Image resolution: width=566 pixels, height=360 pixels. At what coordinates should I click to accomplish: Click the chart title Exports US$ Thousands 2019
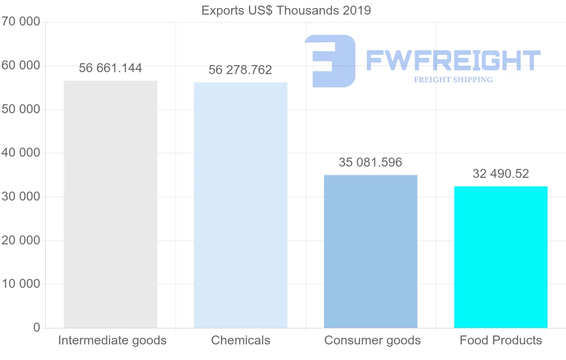point(286,10)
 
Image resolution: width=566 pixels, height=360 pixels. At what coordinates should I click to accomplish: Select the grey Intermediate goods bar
point(110,204)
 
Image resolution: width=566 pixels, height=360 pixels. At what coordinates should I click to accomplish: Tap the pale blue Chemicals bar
point(241,205)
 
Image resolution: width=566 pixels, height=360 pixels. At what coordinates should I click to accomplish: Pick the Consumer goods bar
point(371,251)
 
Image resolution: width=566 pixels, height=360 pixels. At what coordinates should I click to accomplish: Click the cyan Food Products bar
point(500,257)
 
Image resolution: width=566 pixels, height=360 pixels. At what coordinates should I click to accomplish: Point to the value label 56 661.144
point(110,68)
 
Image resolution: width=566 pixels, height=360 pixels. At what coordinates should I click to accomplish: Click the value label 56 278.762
point(241,70)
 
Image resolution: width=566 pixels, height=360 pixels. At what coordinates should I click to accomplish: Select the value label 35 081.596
point(371,163)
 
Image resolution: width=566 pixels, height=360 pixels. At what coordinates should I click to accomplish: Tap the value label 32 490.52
point(500,174)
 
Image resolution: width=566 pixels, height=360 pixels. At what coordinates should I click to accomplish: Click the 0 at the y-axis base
point(37,328)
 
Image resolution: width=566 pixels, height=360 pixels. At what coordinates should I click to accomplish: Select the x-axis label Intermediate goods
point(112,340)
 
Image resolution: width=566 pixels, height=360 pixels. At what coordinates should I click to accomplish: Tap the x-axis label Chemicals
point(241,340)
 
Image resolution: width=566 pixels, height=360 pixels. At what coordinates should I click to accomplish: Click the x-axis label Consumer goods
point(373,340)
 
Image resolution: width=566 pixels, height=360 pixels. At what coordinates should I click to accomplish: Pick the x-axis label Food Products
point(501,340)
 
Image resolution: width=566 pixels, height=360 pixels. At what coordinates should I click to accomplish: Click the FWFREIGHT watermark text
point(453,60)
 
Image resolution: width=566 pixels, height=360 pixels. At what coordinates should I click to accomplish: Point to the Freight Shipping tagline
point(453,80)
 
